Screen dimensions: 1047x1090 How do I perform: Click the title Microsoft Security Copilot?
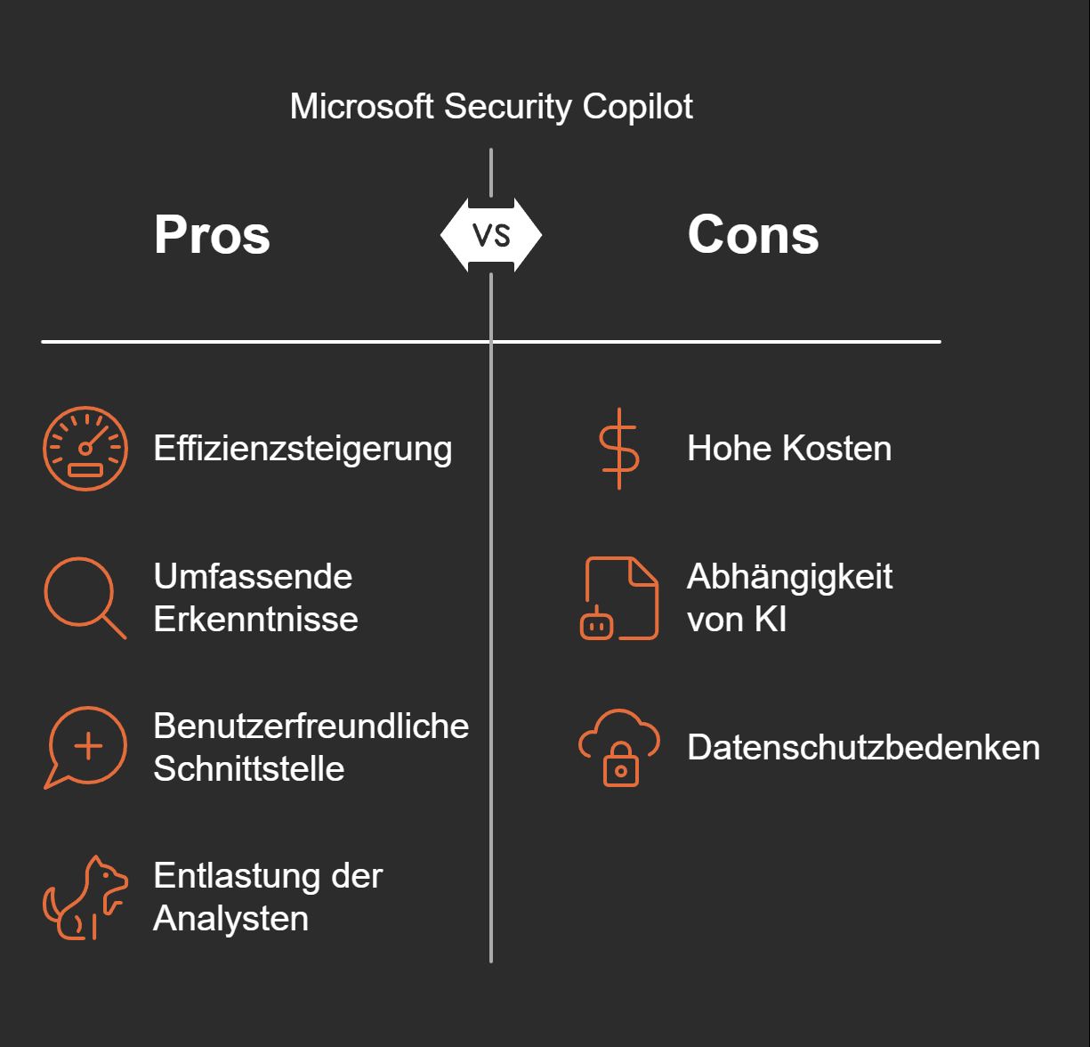(491, 107)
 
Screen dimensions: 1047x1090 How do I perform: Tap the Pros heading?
(212, 235)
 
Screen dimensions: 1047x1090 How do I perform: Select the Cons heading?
(753, 235)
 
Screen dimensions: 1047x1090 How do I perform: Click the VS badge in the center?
(491, 235)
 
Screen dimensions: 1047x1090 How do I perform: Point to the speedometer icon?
(85, 449)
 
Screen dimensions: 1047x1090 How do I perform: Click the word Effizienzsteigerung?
(303, 449)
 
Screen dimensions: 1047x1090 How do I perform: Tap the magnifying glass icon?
(84, 597)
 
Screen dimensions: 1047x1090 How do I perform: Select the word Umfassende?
(253, 577)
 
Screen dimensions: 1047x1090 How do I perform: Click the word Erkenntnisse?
(255, 620)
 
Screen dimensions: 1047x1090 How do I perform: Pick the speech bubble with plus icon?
(86, 747)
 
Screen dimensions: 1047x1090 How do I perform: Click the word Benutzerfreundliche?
(311, 726)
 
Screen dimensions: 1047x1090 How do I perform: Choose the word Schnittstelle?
(248, 769)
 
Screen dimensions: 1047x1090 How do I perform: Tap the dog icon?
(85, 898)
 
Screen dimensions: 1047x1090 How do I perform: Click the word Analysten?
(230, 919)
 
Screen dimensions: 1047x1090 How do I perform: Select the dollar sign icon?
(619, 449)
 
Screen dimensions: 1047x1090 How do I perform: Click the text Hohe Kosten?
(788, 449)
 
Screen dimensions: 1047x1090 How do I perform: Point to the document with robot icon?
(620, 598)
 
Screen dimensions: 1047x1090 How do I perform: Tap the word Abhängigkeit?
(789, 577)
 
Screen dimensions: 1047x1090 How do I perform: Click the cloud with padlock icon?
(619, 747)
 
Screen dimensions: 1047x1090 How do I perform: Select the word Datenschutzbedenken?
(863, 748)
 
